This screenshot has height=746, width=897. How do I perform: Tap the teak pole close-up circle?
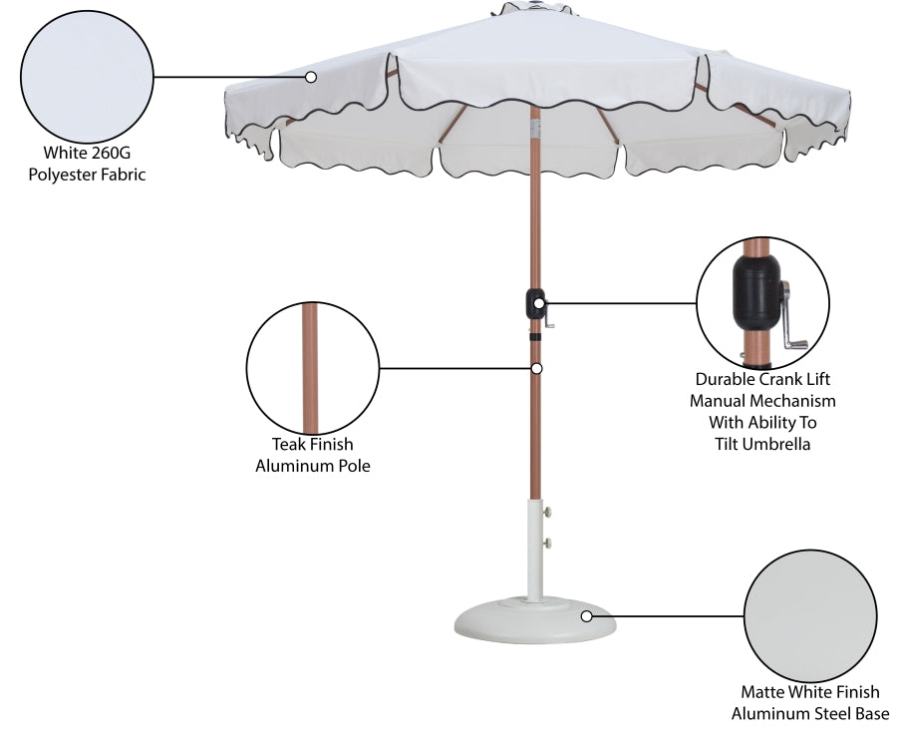[x=312, y=367]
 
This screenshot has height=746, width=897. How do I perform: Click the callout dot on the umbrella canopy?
[x=311, y=77]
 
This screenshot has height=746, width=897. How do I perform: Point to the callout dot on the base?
[x=585, y=616]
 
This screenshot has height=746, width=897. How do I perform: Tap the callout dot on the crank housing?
[x=539, y=302]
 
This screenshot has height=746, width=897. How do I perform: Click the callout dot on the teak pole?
[x=536, y=368]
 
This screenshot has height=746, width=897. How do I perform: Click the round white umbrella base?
[x=535, y=619]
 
